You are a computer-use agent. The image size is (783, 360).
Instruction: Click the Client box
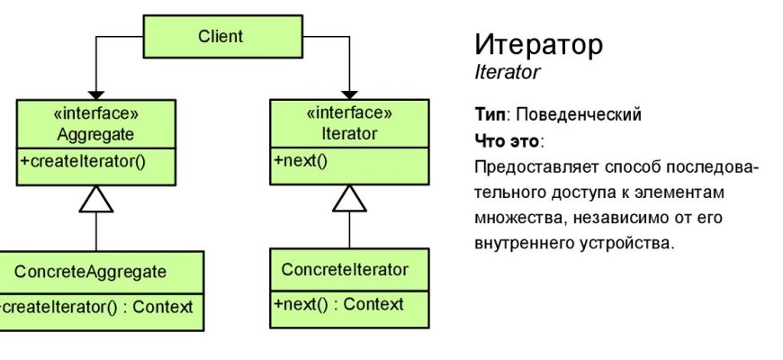coord(220,37)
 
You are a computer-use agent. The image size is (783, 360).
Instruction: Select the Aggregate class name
coord(96,133)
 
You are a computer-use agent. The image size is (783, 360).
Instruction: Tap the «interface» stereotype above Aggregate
coord(96,114)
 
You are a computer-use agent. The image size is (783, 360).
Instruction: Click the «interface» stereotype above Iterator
coord(349,114)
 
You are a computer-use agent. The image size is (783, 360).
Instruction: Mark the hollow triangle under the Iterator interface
coord(349,200)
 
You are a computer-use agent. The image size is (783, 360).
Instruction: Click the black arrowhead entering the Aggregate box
coord(96,94)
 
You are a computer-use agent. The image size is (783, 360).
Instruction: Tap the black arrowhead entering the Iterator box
coord(349,94)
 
